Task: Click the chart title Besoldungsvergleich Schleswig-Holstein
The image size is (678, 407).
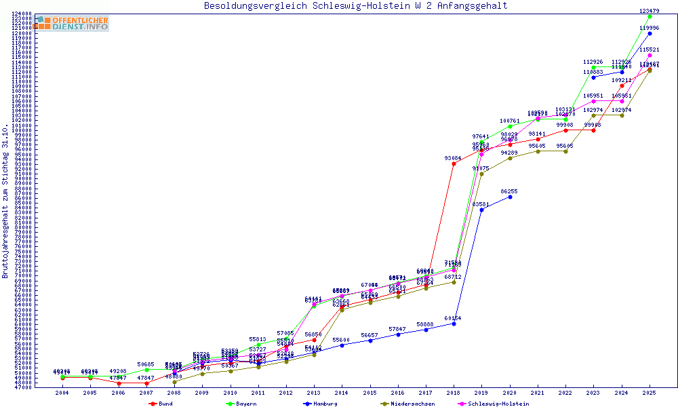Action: tap(355, 6)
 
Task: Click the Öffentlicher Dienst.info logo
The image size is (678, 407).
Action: tap(71, 23)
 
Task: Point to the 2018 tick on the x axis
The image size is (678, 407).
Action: tap(454, 393)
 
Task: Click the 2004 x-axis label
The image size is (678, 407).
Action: tap(62, 393)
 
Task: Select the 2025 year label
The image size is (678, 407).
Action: tap(650, 393)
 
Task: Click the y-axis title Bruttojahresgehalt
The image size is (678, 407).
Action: tap(5, 201)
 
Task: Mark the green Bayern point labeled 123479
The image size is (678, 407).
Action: tap(650, 16)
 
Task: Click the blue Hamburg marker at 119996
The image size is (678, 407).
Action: tap(650, 33)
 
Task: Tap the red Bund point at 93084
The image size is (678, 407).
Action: tap(454, 163)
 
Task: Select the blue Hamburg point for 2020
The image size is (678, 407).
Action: tap(510, 197)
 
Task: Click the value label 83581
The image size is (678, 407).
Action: tap(481, 204)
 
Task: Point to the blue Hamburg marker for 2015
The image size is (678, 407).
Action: tap(370, 341)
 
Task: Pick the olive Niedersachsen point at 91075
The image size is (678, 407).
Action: tap(481, 174)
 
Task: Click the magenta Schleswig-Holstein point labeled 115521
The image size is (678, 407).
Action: tap(650, 56)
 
